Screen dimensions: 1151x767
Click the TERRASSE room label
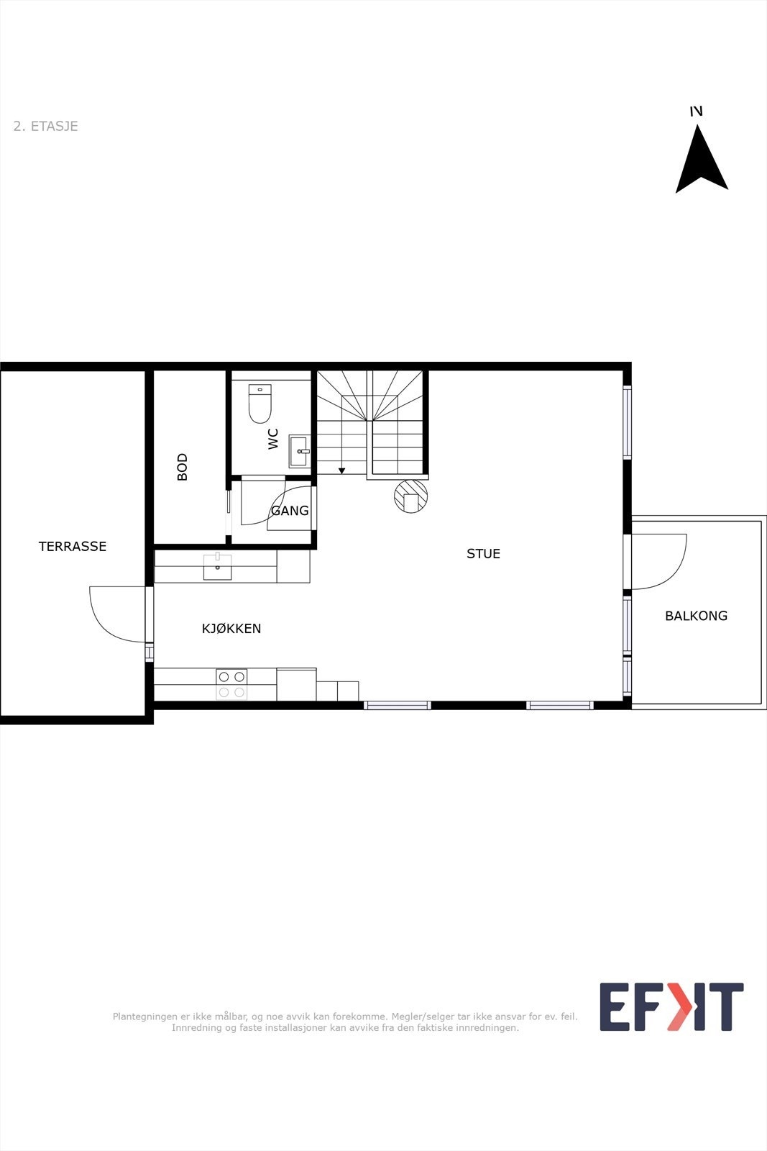pos(73,547)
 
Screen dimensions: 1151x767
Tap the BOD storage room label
pos(183,467)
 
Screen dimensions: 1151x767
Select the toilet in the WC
pos(260,404)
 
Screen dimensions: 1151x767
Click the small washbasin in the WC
pos(299,451)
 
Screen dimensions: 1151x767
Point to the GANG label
pos(290,511)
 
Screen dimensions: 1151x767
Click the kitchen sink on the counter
pos(217,566)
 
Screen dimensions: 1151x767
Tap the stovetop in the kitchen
pos(231,684)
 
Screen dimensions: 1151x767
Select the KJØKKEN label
pos(231,629)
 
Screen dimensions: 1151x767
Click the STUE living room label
pos(483,554)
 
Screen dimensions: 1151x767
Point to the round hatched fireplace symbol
pos(411,496)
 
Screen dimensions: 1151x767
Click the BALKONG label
pos(696,616)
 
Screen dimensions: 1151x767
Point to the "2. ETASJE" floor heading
pos(45,127)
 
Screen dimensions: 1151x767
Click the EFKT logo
pos(671,1007)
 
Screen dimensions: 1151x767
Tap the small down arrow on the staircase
pos(342,470)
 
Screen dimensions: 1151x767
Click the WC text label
pos(273,439)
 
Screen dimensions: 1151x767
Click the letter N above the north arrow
pos(696,111)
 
